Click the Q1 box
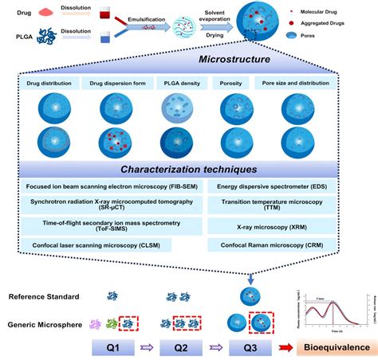coord(116,348)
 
